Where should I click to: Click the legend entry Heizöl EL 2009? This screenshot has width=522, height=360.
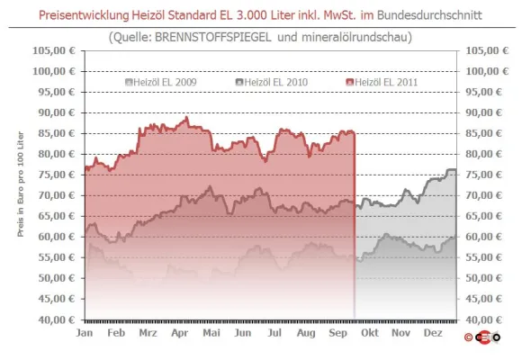tap(161, 82)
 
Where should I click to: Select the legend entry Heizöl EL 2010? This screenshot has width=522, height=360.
tap(272, 82)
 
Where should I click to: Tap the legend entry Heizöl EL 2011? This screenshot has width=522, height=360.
tap(382, 82)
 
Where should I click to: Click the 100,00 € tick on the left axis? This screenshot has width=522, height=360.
tap(54, 71)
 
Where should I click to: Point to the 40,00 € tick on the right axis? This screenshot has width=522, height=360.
tap(483, 319)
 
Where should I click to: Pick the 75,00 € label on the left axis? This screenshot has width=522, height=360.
tap(57, 175)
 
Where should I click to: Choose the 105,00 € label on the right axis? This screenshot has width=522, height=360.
tap(487, 50)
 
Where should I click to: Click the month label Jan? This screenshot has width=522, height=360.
tap(85, 333)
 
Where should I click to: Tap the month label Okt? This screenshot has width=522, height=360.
tap(370, 333)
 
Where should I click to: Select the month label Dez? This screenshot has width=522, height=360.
tap(433, 333)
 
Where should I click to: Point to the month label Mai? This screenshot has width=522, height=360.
tap(211, 333)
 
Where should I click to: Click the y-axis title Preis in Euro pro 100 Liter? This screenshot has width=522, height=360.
tap(21, 184)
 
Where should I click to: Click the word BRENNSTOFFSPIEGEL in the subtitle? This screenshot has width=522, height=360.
tap(213, 37)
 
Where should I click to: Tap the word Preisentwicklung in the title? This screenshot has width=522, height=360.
tap(84, 15)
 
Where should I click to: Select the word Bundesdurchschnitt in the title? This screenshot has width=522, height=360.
tap(429, 15)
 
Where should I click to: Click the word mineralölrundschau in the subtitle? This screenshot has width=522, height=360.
tap(355, 37)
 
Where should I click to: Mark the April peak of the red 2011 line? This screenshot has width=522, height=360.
tap(186, 117)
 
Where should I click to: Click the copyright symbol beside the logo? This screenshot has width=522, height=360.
tap(468, 337)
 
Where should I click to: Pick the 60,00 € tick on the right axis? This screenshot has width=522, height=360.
tap(483, 237)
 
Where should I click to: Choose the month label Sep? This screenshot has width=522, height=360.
tap(337, 333)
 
